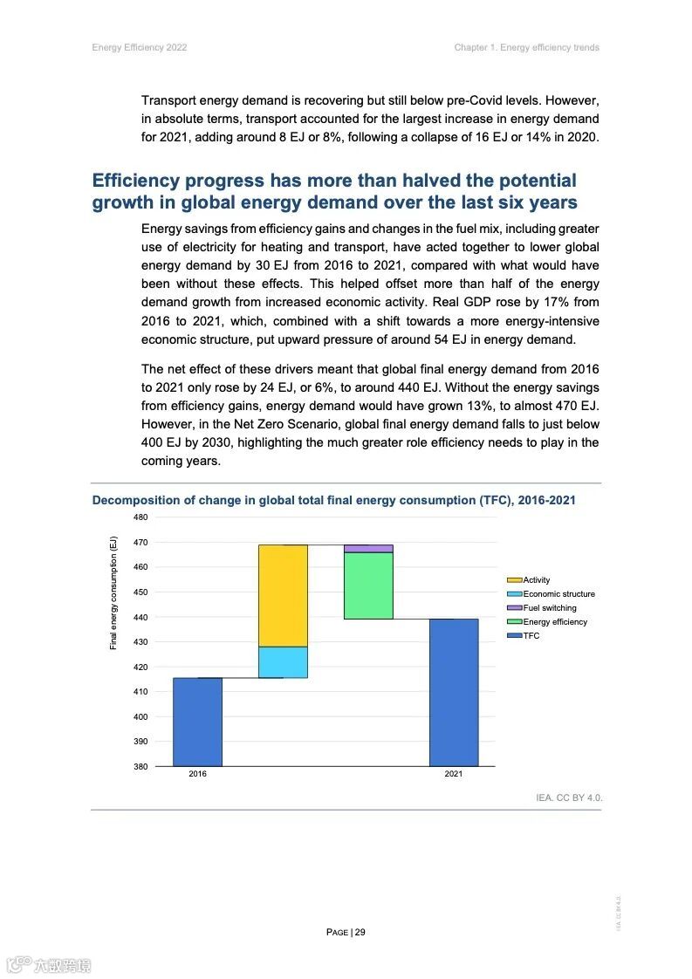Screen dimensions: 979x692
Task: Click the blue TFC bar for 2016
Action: [197, 722]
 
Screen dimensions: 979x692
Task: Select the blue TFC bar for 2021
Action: [454, 692]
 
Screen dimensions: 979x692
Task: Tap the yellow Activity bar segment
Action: [283, 595]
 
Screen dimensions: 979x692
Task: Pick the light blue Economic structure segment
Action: [283, 662]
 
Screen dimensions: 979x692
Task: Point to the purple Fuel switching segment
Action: [368, 549]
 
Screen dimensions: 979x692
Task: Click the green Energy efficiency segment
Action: [368, 585]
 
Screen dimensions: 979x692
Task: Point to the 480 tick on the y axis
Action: [140, 517]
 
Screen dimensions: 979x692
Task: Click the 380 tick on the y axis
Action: [140, 766]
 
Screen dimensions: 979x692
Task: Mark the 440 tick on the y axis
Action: [140, 617]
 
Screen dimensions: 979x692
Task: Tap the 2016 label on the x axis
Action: [197, 775]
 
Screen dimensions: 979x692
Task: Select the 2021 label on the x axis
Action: [454, 775]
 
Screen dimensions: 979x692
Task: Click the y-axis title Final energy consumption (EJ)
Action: [113, 592]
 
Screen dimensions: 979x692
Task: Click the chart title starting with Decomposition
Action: [333, 501]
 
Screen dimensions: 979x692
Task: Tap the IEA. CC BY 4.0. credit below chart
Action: [569, 798]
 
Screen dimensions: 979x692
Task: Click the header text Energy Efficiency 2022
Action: [140, 47]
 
